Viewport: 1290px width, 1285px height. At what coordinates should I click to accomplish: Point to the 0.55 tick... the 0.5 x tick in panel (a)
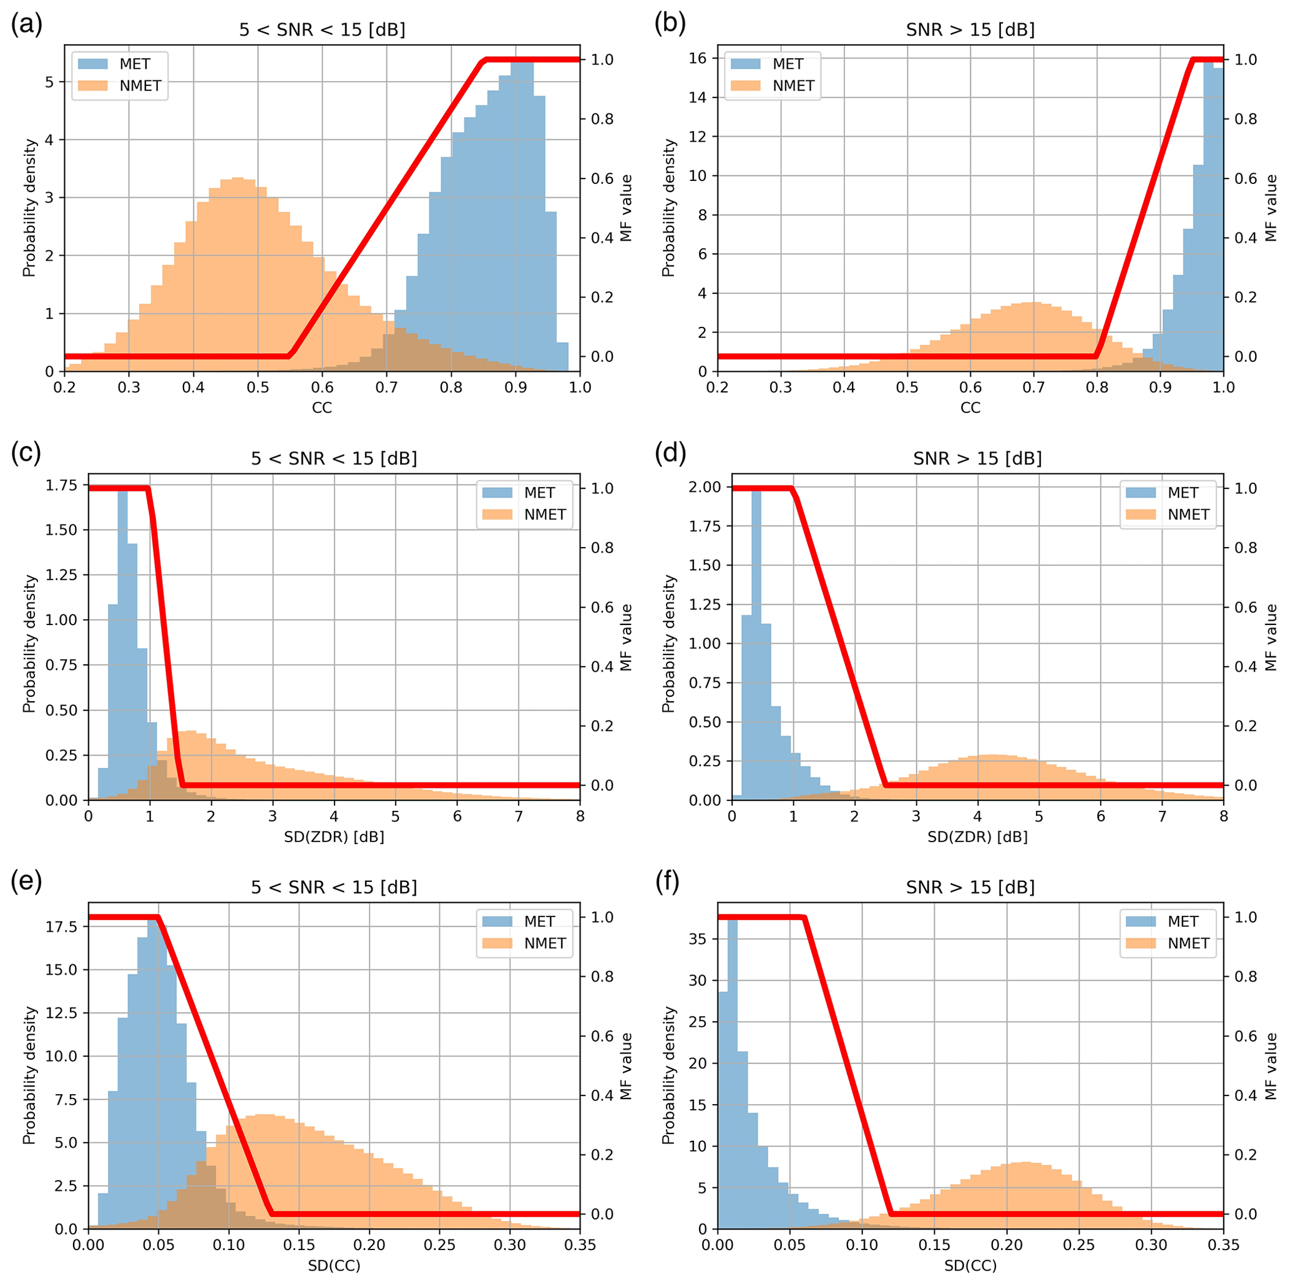pyautogui.click(x=258, y=387)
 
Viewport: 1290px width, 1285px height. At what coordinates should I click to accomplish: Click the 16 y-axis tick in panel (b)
pyautogui.click(x=698, y=58)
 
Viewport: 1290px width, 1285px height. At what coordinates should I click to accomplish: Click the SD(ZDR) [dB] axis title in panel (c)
pyautogui.click(x=334, y=836)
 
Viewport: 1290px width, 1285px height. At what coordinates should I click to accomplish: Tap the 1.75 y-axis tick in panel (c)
pyautogui.click(x=61, y=485)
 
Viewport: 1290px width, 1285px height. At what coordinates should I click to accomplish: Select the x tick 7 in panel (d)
pyautogui.click(x=1162, y=816)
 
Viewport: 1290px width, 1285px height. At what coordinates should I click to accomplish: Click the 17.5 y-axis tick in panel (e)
pyautogui.click(x=61, y=926)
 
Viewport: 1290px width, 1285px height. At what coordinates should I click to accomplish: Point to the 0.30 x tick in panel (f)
pyautogui.click(x=1151, y=1245)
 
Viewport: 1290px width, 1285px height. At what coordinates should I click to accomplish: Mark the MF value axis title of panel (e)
pyautogui.click(x=625, y=1066)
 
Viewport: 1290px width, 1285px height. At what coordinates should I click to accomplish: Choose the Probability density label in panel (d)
pyautogui.click(x=668, y=644)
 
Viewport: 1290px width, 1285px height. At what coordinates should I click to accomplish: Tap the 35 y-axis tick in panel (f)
pyautogui.click(x=698, y=939)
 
